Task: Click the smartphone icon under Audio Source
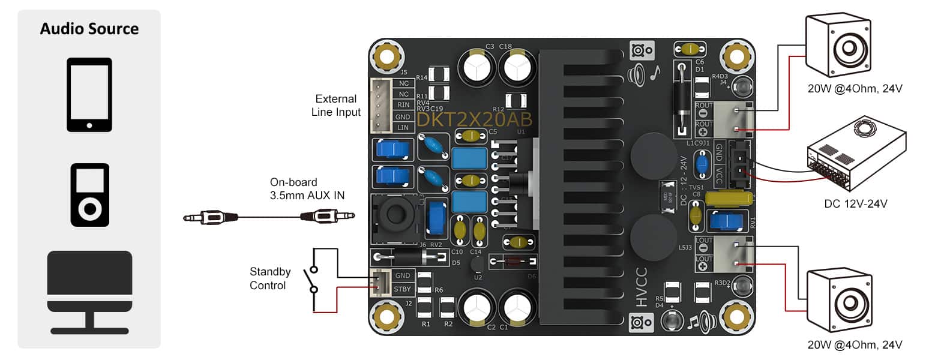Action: pos(89,95)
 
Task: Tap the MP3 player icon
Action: pos(89,194)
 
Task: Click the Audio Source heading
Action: pos(89,29)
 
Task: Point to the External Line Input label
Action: pos(336,106)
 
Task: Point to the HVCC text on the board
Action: pos(642,287)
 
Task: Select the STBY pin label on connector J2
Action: pos(402,289)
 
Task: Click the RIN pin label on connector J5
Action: pos(403,105)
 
